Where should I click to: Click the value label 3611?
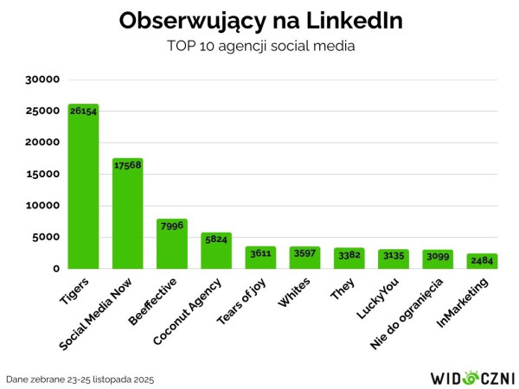point(260,252)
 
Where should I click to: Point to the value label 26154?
point(83,112)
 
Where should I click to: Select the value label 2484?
point(482,260)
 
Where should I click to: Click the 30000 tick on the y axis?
point(42,80)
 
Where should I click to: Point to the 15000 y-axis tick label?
point(42,174)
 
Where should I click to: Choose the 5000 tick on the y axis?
point(45,237)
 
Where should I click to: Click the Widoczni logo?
point(472,378)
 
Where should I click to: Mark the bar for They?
point(349,258)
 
